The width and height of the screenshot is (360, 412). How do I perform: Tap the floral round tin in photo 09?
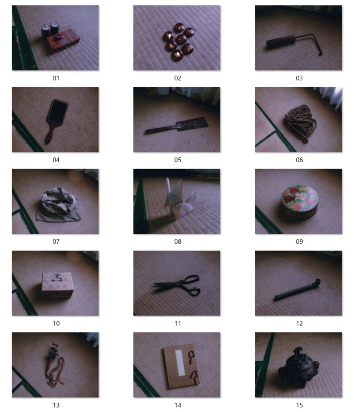[300, 202]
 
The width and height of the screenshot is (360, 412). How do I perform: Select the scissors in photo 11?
[177, 286]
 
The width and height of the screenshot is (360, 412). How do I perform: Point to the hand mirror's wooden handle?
[50, 134]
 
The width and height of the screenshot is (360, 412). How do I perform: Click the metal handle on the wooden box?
[57, 277]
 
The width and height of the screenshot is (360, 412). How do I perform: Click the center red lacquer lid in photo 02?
[181, 39]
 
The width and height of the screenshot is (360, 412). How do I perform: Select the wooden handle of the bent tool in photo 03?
[281, 41]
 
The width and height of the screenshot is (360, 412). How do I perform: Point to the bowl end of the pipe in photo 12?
[317, 283]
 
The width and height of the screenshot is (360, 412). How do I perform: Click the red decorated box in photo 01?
[62, 41]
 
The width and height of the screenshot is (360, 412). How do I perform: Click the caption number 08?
[178, 241]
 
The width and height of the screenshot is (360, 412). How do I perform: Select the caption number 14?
[178, 405]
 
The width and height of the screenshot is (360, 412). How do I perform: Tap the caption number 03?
[299, 78]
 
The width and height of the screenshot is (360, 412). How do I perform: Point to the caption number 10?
[56, 323]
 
